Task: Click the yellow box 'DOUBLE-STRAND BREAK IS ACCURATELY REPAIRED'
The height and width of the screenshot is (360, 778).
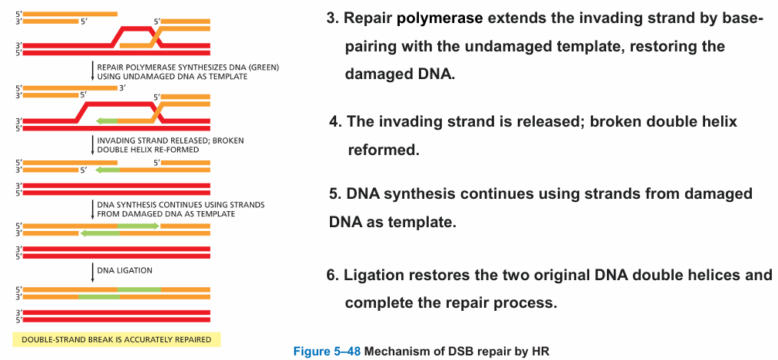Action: point(117,339)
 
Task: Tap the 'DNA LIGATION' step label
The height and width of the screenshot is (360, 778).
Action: point(124,271)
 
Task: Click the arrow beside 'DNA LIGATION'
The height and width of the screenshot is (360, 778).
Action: point(92,272)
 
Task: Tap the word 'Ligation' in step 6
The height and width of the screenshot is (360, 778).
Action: point(375,275)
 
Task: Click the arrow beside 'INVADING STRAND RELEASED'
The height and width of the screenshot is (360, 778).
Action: point(92,144)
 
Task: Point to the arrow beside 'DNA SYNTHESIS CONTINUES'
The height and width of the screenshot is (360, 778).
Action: point(92,209)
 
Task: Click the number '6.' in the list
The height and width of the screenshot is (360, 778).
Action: point(334,275)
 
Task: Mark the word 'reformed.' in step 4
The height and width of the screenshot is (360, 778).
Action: point(384,150)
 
